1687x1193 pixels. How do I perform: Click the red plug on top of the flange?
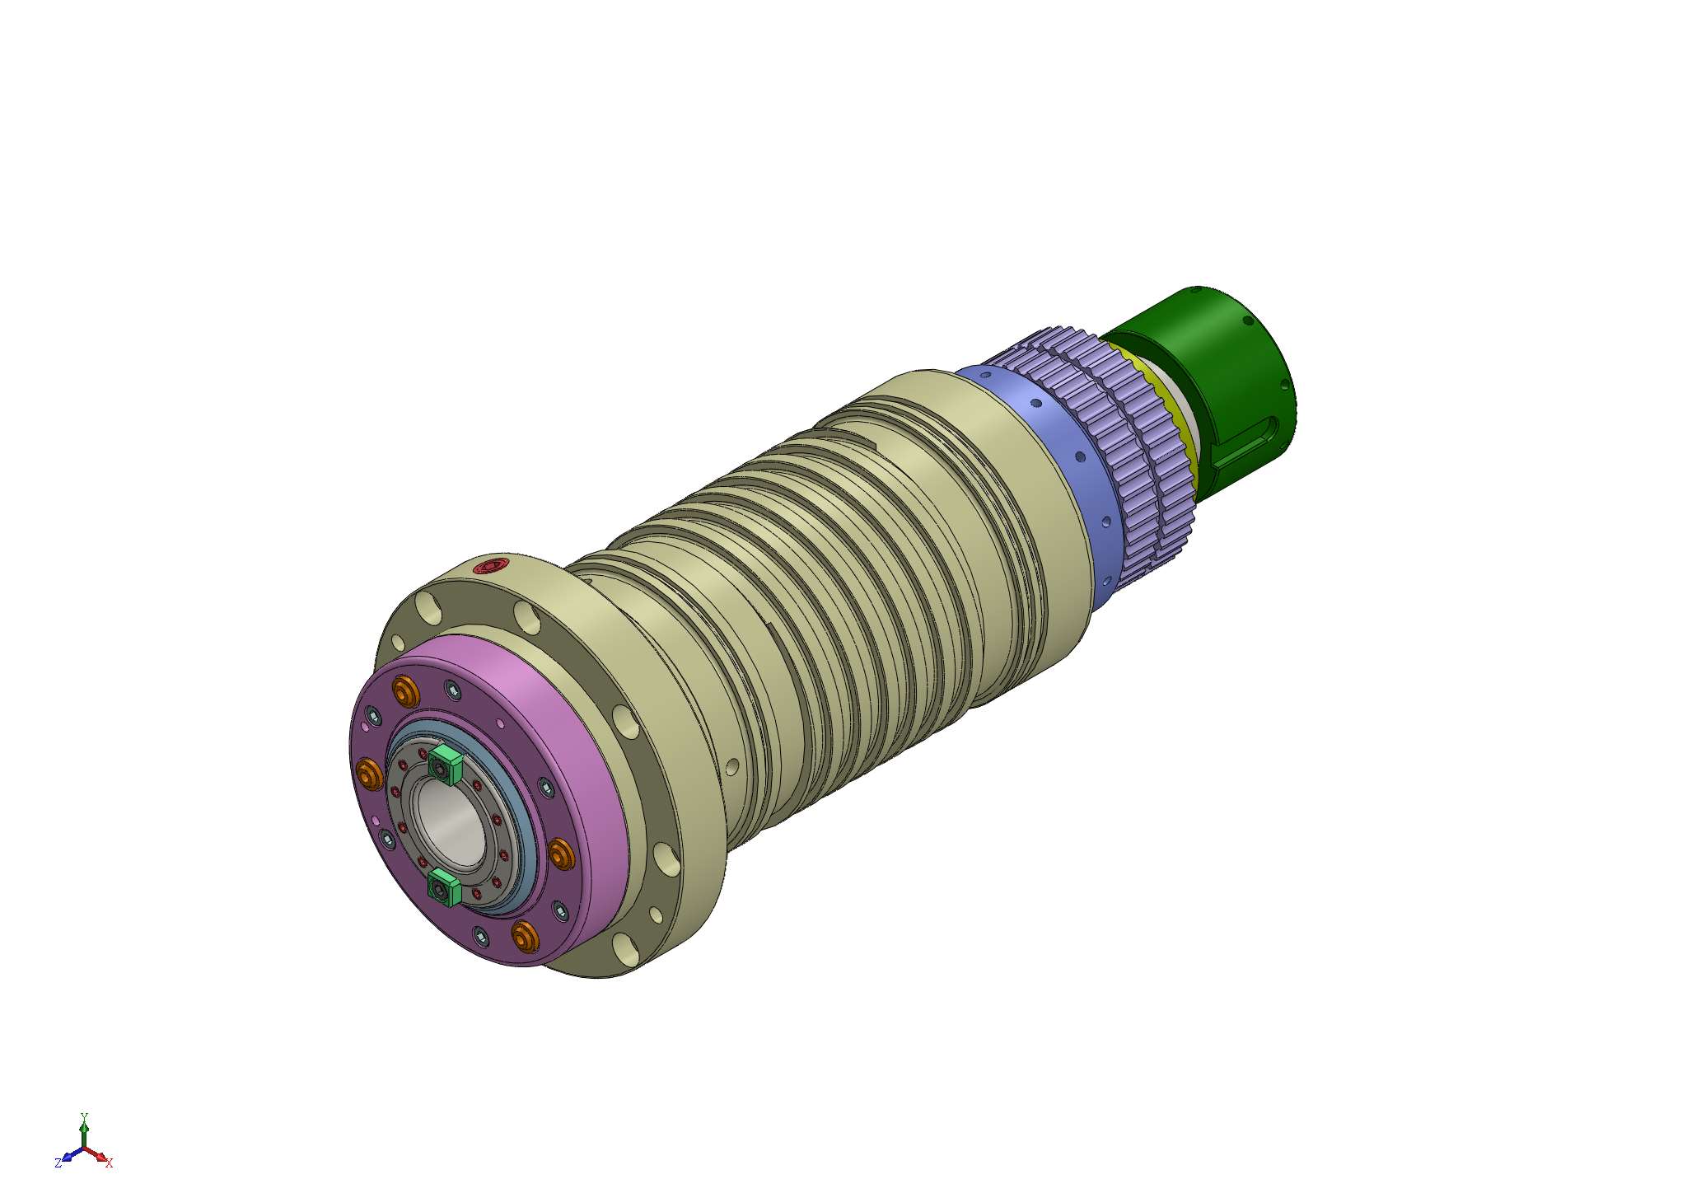(x=494, y=566)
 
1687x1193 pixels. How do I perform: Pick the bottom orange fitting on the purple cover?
(x=525, y=936)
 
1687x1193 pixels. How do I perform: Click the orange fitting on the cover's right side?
(x=562, y=854)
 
